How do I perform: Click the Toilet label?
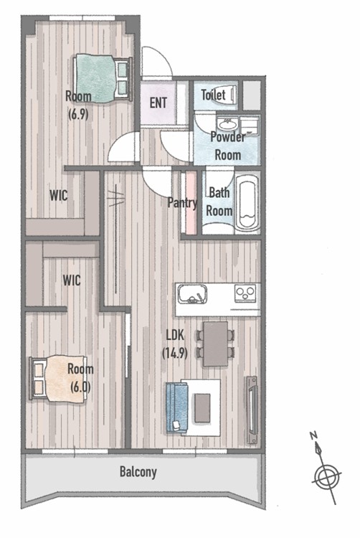213,95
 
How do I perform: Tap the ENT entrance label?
158,103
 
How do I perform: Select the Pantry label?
182,203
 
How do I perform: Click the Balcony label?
138,472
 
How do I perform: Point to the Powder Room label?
227,146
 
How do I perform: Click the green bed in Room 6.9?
103,78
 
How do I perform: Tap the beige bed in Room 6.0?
58,379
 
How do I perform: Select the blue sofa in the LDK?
177,408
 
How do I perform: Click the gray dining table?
216,344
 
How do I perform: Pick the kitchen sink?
192,295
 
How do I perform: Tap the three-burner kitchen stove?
245,293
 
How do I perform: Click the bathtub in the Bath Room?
247,202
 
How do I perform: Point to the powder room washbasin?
227,123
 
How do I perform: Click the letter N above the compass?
313,435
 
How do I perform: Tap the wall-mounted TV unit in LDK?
252,410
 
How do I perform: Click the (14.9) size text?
175,353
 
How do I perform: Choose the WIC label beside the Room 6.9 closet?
59,196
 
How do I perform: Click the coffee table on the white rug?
202,408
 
